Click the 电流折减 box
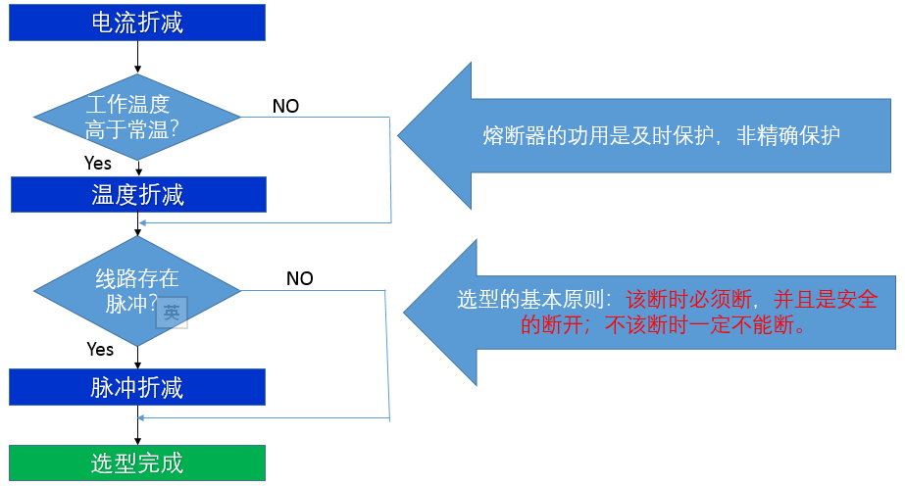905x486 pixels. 137,23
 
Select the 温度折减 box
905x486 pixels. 138,195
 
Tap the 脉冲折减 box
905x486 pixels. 137,387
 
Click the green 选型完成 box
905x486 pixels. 137,462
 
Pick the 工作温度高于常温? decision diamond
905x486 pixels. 137,117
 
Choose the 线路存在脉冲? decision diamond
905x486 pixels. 137,291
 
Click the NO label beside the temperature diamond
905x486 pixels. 285,106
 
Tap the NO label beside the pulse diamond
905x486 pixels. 300,278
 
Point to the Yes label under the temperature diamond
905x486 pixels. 97,164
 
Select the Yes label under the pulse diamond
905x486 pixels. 100,349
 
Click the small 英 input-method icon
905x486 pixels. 172,313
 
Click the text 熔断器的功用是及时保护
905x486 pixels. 598,135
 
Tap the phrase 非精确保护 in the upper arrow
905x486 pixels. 788,135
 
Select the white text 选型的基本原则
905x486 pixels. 529,299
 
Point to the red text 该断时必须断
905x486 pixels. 688,299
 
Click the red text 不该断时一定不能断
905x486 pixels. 699,325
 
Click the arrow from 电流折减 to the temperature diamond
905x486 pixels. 137,57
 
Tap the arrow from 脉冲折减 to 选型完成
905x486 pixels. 137,425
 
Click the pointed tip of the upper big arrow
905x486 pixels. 399,135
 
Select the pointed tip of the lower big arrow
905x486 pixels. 404,313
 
